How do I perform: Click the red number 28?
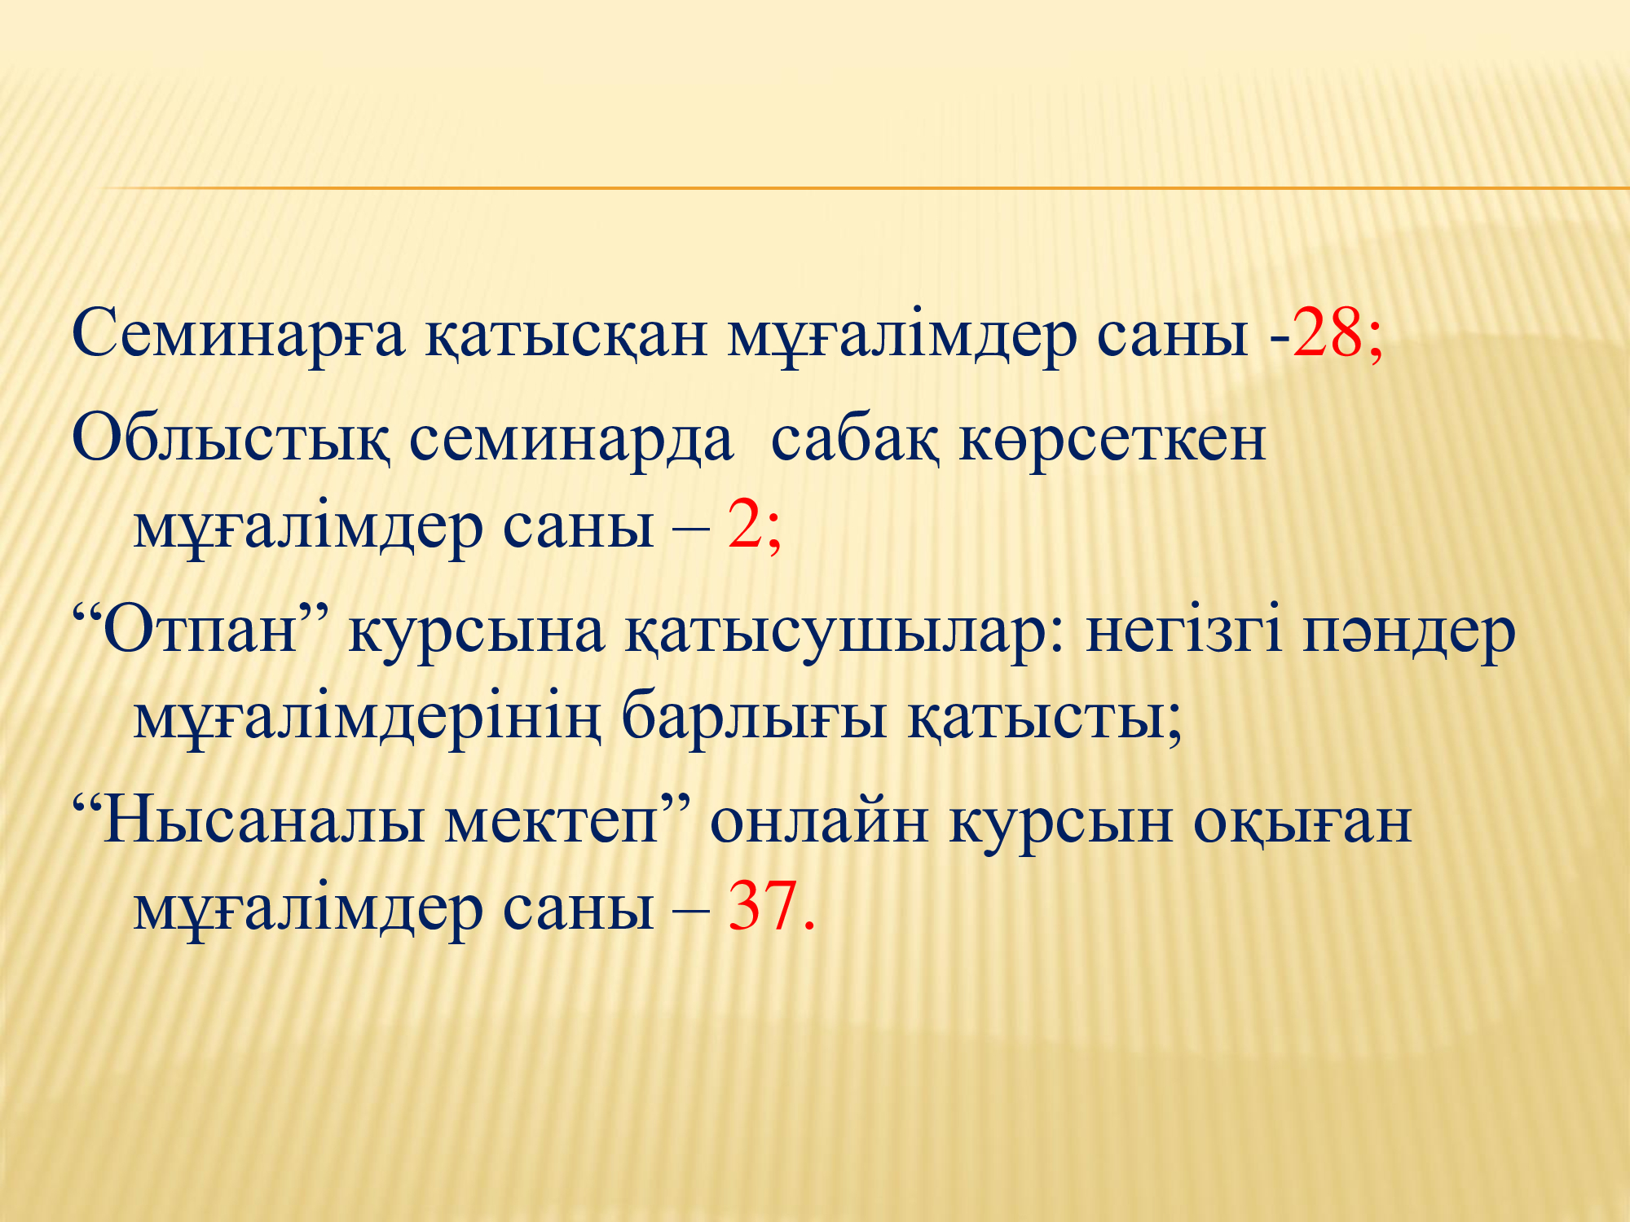[1327, 333]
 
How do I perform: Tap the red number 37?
[763, 905]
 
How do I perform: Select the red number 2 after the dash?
[745, 525]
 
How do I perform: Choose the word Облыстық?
[231, 441]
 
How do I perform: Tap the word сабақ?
[855, 441]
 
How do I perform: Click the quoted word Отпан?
[199, 631]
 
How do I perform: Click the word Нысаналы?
[263, 822]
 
